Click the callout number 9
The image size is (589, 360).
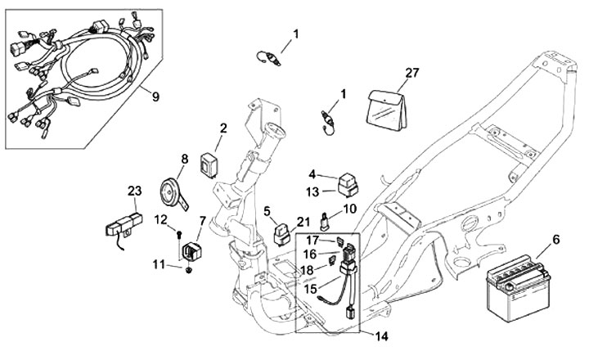pos(155,95)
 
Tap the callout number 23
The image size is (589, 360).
pos(135,191)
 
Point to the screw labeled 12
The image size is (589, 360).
pos(179,235)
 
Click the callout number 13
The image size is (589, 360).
pos(314,191)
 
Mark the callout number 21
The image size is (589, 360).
pos(303,222)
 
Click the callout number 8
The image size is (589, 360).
pos(185,159)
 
